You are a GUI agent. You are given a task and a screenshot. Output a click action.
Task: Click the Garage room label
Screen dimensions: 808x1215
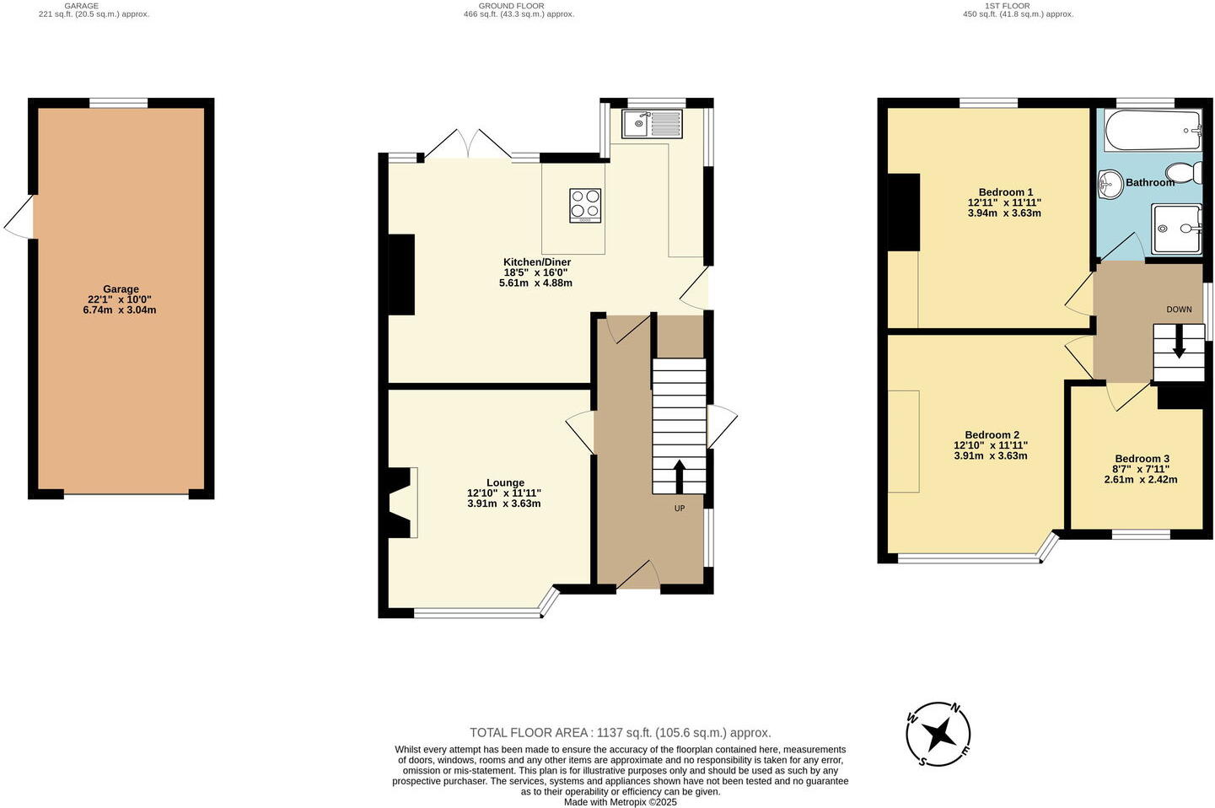[x=121, y=289]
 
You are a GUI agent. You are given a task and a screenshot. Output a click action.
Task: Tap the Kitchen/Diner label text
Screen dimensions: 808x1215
[x=537, y=262]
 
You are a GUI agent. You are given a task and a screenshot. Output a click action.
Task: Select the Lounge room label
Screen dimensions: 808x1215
[x=504, y=483]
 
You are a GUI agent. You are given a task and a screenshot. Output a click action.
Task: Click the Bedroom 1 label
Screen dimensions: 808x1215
[x=1005, y=192]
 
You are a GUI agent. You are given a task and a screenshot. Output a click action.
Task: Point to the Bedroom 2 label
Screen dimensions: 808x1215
[x=992, y=435]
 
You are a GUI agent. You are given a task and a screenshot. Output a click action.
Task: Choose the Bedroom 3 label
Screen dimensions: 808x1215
[x=1142, y=459]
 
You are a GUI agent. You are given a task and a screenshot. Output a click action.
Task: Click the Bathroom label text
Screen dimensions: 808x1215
[x=1149, y=182]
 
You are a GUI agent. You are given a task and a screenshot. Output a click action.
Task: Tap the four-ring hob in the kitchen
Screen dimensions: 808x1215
[x=586, y=205]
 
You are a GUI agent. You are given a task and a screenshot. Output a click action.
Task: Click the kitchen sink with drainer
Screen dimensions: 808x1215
[x=653, y=124]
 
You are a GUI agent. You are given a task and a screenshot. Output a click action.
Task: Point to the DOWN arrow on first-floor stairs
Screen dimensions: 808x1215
[x=1179, y=345]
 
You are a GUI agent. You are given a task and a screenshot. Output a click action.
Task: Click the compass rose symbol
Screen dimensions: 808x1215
[x=938, y=735]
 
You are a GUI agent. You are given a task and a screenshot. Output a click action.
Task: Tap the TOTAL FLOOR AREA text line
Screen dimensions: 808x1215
[x=620, y=733]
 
